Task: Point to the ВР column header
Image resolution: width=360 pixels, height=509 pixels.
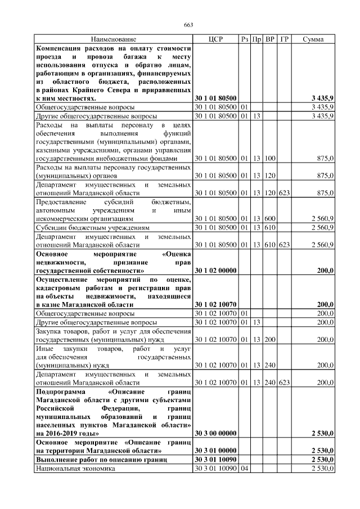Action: pyautogui.click(x=270, y=39)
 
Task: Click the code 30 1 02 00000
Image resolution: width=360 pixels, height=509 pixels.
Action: pyautogui.click(x=215, y=271)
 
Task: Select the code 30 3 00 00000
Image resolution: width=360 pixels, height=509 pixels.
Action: pyautogui.click(x=215, y=433)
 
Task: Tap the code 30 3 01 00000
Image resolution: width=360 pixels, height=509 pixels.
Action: pyautogui.click(x=215, y=451)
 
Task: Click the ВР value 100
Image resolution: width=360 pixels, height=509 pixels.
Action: pyautogui.click(x=270, y=159)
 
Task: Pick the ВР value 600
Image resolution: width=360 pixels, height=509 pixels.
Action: pyautogui.click(x=270, y=218)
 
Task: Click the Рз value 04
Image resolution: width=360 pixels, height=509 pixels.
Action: pyautogui.click(x=244, y=469)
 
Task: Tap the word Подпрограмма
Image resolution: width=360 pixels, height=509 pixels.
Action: pyautogui.click(x=62, y=391)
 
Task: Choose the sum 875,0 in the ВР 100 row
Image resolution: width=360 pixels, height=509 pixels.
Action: pyautogui.click(x=325, y=159)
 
